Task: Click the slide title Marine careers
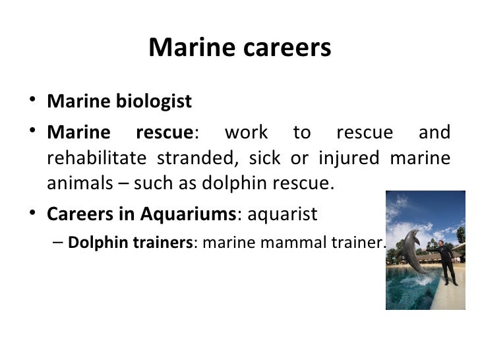pos(239,48)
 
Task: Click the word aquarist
pos(282,214)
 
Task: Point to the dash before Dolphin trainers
pos(57,242)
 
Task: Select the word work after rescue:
pos(246,132)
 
